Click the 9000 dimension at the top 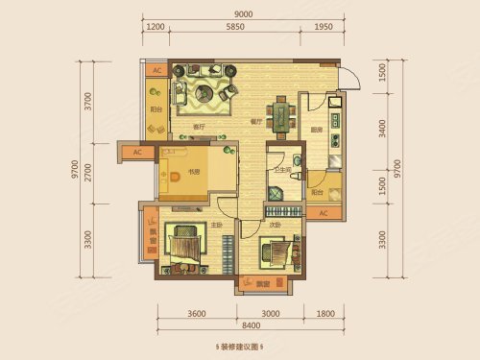(x=243, y=13)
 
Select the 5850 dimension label (x=227, y=28)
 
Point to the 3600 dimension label (x=198, y=312)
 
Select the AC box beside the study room (x=137, y=152)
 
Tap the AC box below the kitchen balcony (x=324, y=212)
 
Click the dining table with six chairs (x=280, y=115)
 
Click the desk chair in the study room (x=179, y=175)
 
